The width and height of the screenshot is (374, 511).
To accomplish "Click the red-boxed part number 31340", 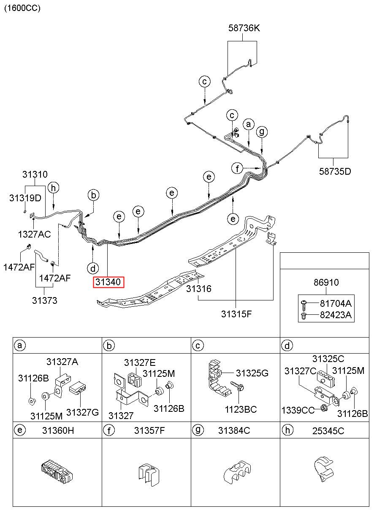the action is pyautogui.click(x=108, y=282).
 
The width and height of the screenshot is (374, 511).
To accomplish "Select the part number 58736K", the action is pyautogui.click(x=244, y=28).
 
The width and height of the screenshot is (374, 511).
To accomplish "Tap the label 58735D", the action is pyautogui.click(x=335, y=171).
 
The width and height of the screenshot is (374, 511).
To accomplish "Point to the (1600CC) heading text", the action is pyautogui.click(x=22, y=8).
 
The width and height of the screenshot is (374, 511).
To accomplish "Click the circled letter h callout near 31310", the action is pyautogui.click(x=53, y=188).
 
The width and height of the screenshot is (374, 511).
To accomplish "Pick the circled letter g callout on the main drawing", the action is pyautogui.click(x=262, y=132).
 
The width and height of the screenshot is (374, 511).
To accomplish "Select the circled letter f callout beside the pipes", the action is pyautogui.click(x=237, y=169).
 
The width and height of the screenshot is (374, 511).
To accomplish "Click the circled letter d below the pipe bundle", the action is pyautogui.click(x=93, y=268).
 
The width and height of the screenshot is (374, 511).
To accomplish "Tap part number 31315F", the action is pyautogui.click(x=236, y=314).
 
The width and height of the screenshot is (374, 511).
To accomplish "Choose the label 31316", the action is pyautogui.click(x=198, y=289).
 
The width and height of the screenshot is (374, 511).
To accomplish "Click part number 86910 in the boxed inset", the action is pyautogui.click(x=326, y=282).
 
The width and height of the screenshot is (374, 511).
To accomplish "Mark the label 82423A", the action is pyautogui.click(x=336, y=315).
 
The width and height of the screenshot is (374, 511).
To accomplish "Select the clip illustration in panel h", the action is pyautogui.click(x=324, y=469).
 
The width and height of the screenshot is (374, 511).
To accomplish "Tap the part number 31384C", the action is pyautogui.click(x=234, y=430).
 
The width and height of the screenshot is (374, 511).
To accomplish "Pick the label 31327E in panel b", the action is pyautogui.click(x=140, y=362).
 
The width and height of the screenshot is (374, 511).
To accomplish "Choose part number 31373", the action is pyautogui.click(x=44, y=300).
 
